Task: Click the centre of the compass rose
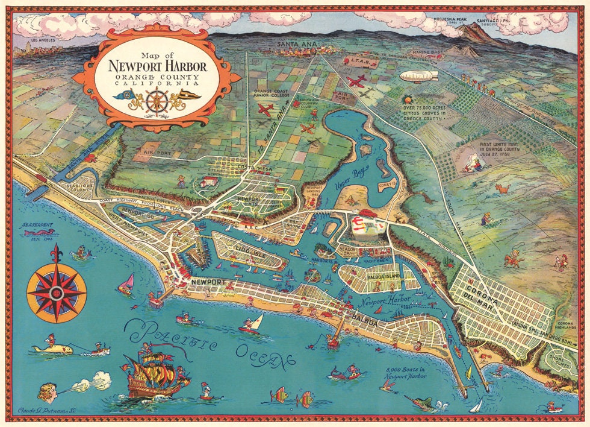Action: (57, 292)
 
